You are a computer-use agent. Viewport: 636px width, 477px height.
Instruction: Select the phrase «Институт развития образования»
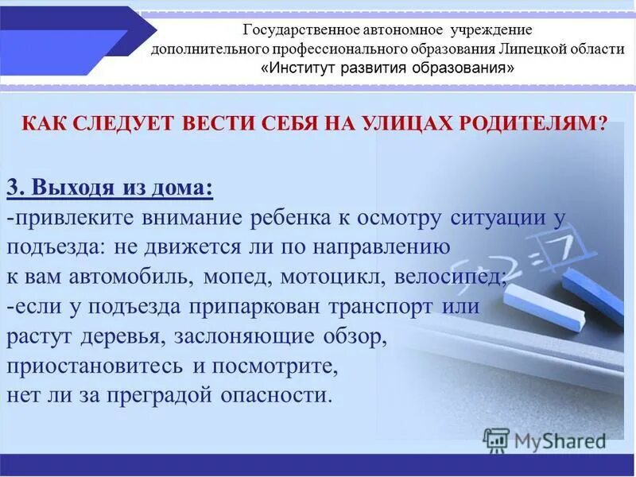(387, 68)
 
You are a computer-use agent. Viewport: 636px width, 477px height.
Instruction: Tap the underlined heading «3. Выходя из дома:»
(110, 188)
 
